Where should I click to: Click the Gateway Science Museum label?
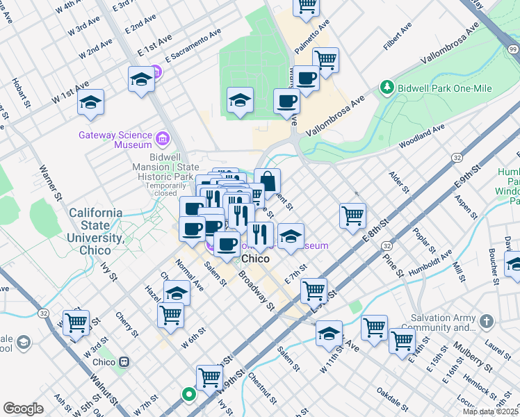[115, 140]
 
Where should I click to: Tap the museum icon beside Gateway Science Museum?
[162, 139]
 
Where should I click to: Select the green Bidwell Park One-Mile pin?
[387, 88]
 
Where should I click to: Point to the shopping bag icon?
[267, 182]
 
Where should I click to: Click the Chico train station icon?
[125, 361]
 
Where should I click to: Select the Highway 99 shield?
[512, 49]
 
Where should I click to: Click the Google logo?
[23, 409]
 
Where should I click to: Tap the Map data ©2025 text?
[490, 411]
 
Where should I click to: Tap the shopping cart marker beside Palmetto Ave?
[325, 60]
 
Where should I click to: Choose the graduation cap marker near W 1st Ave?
[90, 102]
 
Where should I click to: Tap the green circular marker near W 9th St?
[188, 394]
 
